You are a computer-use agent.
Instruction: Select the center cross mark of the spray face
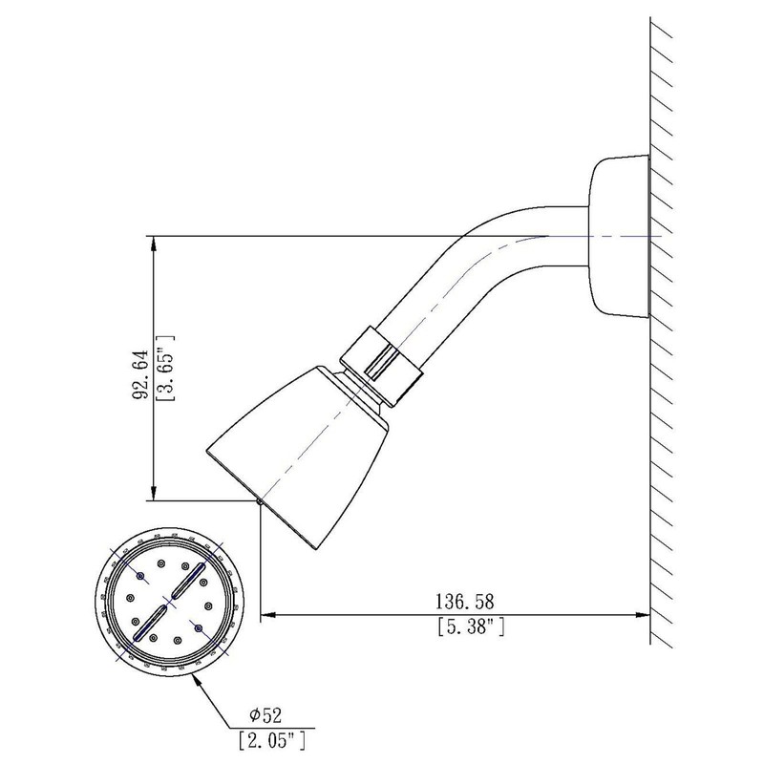click(x=168, y=602)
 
